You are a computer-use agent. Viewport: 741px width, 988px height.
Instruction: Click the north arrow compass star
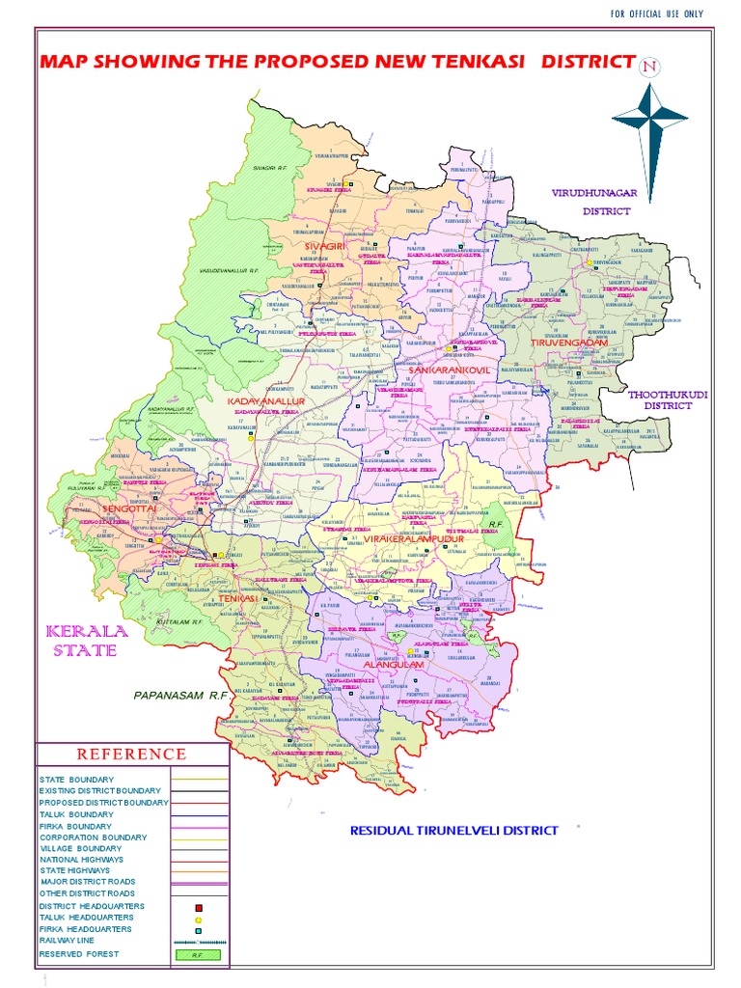click(x=649, y=120)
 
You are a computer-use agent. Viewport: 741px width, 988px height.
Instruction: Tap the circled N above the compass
click(x=650, y=66)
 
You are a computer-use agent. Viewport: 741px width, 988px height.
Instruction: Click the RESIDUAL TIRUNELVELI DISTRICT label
click(x=453, y=830)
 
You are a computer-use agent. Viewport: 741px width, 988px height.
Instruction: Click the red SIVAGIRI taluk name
click(x=324, y=247)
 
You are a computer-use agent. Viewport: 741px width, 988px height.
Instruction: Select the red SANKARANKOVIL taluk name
click(x=450, y=370)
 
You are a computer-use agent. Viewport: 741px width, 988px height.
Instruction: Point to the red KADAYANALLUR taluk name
click(x=265, y=399)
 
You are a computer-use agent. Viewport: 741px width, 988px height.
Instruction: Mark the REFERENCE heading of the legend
click(x=132, y=754)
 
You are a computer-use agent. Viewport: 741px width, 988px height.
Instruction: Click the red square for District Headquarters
click(x=198, y=908)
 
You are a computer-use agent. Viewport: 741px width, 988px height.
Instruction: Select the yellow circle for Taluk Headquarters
click(x=198, y=919)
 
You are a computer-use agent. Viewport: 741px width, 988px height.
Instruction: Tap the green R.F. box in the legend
click(x=198, y=954)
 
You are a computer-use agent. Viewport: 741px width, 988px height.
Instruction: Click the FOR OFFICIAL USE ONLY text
click(x=657, y=14)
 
